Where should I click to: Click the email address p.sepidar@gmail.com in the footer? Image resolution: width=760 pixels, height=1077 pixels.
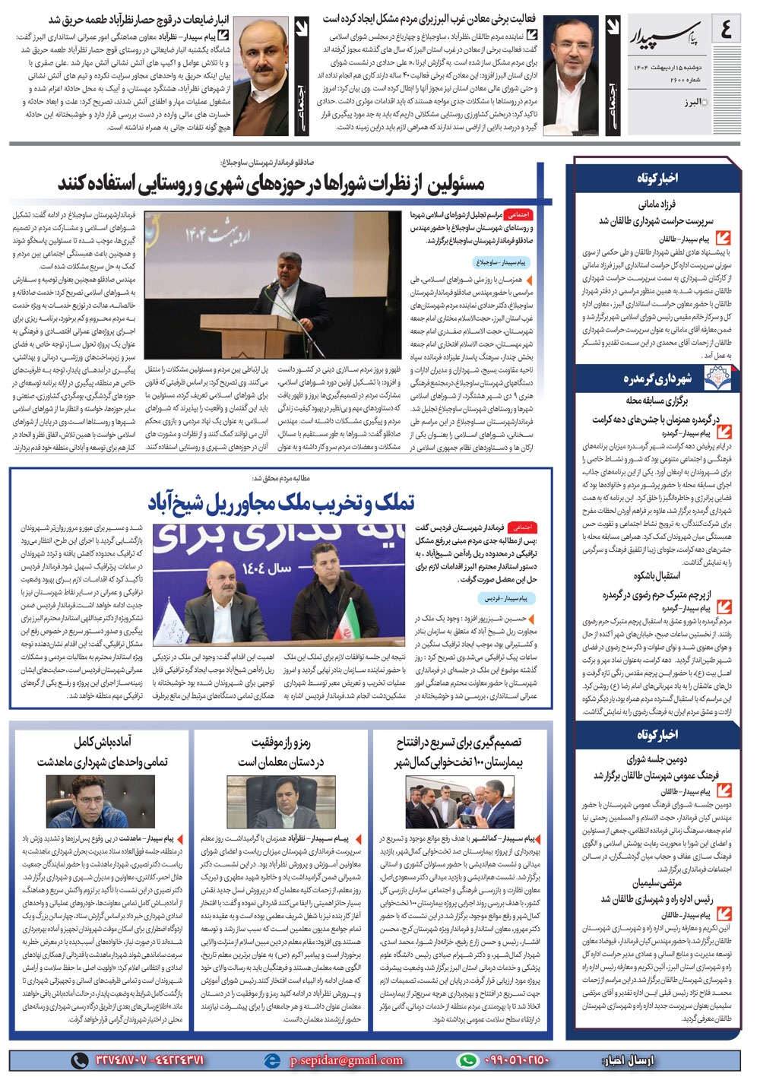click(x=347, y=1060)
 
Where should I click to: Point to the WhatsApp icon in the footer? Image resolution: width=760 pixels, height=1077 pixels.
click(x=469, y=1060)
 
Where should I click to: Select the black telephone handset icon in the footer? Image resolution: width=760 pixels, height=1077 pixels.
click(x=79, y=1060)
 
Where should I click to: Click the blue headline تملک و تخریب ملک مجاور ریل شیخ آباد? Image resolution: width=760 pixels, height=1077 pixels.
click(x=281, y=502)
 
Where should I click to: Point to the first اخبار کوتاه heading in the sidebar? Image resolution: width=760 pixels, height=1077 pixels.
click(x=657, y=177)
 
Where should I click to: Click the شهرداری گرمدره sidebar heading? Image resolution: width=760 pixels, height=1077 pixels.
click(x=657, y=379)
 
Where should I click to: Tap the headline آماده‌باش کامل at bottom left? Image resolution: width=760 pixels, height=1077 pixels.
click(x=103, y=751)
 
